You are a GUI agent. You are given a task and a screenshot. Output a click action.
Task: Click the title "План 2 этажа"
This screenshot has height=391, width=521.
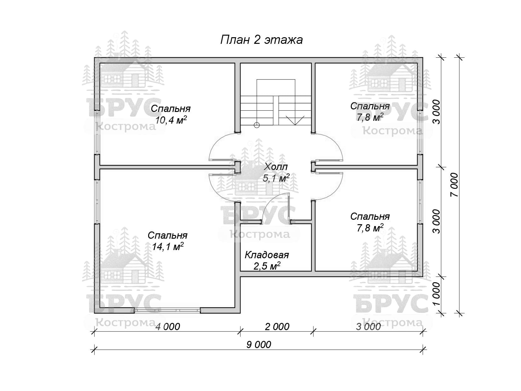pyautogui.click(x=261, y=40)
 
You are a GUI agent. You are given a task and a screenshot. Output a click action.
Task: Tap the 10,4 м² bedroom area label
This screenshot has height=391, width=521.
pyautogui.click(x=171, y=120)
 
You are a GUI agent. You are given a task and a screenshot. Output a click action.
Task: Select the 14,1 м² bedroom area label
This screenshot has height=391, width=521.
pyautogui.click(x=168, y=247)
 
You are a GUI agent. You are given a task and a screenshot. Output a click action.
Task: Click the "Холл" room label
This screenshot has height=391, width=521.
pyautogui.click(x=275, y=166)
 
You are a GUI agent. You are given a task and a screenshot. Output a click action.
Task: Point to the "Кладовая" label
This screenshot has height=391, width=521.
pyautogui.click(x=267, y=255)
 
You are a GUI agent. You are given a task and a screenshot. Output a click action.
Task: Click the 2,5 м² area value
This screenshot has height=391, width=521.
pyautogui.click(x=267, y=266)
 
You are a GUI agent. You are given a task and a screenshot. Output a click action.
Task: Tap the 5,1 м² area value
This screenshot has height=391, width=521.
pyautogui.click(x=276, y=178)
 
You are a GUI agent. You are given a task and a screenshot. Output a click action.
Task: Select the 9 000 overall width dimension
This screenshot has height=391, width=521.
pyautogui.click(x=258, y=345)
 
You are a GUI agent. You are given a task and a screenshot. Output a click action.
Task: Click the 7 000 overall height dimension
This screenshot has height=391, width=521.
pyautogui.click(x=454, y=185)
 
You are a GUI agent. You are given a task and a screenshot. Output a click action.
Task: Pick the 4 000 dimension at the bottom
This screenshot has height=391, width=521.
pyautogui.click(x=168, y=327)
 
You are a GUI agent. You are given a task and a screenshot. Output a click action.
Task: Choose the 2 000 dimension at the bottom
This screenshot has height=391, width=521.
pyautogui.click(x=277, y=327)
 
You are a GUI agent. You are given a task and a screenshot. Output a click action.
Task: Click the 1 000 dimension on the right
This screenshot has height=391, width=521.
pyautogui.click(x=436, y=294)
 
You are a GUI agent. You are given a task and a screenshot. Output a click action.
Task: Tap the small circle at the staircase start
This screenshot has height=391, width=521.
pyautogui.click(x=257, y=125)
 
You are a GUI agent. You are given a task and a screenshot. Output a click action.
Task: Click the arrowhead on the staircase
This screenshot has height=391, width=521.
pyautogui.click(x=295, y=120)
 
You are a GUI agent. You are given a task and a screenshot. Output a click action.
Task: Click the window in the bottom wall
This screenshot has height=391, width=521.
pyautogui.click(x=167, y=310)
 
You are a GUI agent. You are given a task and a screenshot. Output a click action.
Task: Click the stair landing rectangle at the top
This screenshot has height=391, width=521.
pyautogui.click(x=276, y=88)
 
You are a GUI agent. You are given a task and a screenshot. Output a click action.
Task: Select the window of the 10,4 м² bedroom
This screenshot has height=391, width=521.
pyautogui.click(x=97, y=132)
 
